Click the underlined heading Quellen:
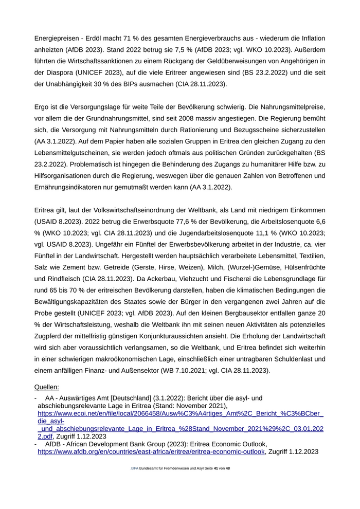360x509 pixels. [46, 387]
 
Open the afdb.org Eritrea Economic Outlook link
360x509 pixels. [151, 451]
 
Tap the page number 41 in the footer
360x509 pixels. [216, 468]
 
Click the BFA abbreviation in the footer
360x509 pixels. [135, 468]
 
